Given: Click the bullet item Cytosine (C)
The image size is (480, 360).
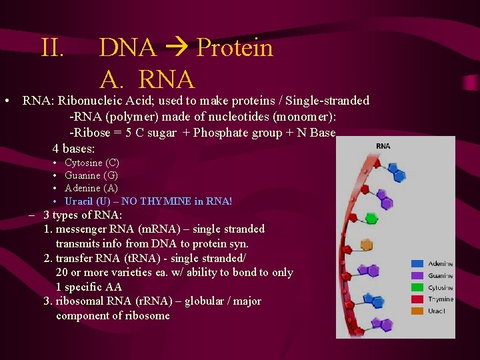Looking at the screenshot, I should (91, 163).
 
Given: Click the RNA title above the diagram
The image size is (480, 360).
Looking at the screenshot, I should (383, 146).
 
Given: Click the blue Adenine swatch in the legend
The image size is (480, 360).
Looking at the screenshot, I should (417, 264).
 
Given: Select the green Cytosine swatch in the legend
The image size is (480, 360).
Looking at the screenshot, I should (417, 287).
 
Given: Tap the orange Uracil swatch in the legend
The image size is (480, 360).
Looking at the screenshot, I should (417, 311).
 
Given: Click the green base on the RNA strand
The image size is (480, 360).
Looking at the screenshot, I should (370, 218).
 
